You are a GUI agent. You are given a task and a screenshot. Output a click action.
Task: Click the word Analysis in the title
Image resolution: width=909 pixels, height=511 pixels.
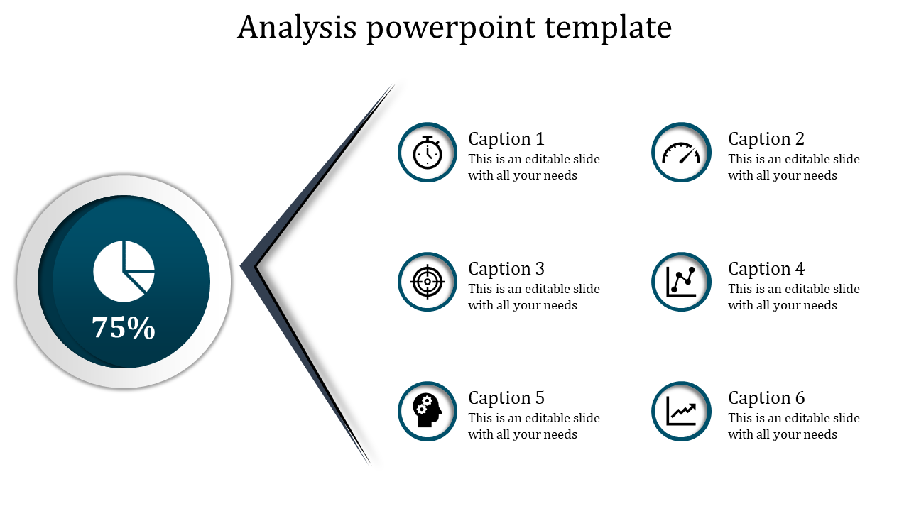point(297,28)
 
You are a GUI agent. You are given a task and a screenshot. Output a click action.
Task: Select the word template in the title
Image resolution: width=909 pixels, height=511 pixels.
point(608,28)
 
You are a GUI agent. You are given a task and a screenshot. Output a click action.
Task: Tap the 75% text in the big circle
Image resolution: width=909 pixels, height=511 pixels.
point(124,327)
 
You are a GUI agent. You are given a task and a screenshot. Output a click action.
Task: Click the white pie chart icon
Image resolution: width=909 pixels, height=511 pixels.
point(124,271)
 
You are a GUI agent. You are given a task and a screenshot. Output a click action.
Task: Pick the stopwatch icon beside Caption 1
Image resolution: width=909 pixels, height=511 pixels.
point(428,153)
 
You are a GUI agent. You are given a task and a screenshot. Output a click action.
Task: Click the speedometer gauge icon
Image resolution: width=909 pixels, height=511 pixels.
point(681,153)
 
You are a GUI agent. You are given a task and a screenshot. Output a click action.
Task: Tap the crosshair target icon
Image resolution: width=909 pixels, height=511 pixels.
point(428,282)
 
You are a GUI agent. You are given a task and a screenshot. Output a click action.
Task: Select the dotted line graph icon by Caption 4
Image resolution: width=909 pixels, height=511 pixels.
point(681,282)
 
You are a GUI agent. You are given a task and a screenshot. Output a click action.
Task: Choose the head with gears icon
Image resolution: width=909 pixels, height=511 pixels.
point(428,410)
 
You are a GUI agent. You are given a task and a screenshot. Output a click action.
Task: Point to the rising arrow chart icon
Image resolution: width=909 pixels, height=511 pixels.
point(681,411)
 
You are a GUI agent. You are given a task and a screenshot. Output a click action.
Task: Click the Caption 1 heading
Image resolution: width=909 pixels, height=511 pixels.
point(506,139)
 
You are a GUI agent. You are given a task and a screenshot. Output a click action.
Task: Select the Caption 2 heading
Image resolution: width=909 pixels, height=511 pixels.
point(766,139)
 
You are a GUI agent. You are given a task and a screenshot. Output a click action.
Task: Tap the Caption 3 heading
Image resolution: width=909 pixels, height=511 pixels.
point(506,269)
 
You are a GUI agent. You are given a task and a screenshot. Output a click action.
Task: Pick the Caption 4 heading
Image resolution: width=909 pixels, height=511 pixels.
point(766,269)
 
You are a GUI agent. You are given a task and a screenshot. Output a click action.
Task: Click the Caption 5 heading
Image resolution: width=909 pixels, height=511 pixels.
point(506,398)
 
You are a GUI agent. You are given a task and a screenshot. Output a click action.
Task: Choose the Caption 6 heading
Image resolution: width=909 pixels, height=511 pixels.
point(766,398)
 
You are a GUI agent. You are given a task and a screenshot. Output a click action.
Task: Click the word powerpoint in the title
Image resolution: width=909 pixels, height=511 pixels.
point(451,28)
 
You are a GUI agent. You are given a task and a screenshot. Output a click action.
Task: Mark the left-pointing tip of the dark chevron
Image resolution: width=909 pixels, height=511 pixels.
point(241,266)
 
